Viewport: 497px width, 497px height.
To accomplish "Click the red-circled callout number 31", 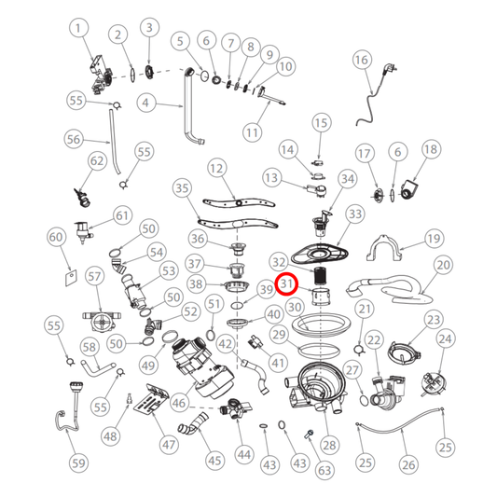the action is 286,283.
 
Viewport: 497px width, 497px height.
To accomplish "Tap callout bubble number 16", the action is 362,60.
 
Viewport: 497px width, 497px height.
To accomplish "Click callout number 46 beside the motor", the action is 179,403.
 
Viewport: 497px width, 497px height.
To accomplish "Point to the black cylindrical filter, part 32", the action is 321,275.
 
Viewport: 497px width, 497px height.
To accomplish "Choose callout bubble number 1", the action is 78,28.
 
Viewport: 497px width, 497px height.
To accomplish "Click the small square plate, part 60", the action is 71,278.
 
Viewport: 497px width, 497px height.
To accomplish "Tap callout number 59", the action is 78,463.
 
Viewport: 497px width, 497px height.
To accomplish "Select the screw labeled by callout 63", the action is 309,434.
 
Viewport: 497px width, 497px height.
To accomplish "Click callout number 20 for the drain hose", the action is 444,265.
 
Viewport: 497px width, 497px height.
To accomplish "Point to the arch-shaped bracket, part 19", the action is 384,248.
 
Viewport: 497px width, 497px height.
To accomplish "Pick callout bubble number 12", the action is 217,168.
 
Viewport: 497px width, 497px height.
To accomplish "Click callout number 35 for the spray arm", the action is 182,188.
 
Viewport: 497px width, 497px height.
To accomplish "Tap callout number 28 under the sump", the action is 330,446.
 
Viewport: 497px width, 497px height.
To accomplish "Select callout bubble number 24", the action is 446,338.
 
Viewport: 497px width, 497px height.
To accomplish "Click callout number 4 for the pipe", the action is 145,103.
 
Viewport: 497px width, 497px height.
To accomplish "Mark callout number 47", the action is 169,445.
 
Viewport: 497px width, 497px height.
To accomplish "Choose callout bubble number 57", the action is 94,276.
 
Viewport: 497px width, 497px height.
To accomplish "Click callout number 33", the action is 355,214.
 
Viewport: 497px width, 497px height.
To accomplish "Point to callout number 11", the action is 253,132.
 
